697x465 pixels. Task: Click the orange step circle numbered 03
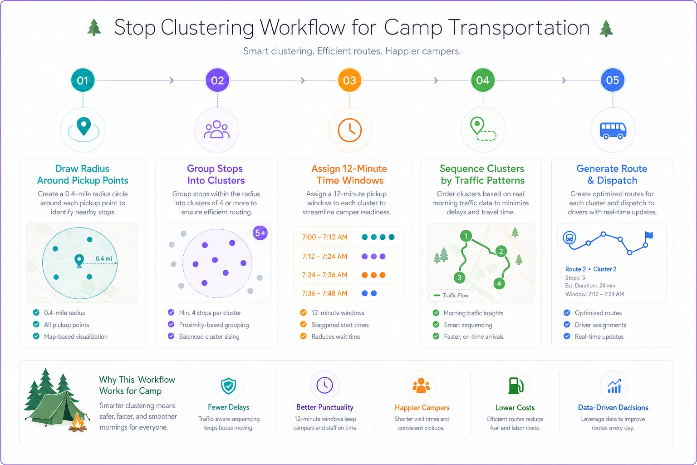(349, 80)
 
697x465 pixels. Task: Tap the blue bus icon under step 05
(613, 131)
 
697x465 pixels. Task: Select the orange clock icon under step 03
(350, 130)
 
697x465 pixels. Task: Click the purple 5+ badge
(260, 233)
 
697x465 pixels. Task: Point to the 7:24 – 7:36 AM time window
(324, 275)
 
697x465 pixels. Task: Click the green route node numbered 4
(499, 284)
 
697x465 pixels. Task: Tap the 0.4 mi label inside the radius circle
(103, 258)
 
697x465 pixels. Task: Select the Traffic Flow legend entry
(451, 295)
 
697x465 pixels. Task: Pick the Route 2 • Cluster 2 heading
(590, 269)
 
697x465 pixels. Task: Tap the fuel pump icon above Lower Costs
(515, 386)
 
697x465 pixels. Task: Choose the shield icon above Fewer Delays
(228, 386)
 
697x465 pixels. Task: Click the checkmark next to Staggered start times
(304, 325)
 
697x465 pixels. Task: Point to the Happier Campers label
(422, 408)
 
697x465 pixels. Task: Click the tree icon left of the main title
(94, 27)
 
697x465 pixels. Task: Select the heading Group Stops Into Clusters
(216, 174)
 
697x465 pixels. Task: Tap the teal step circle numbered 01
(83, 80)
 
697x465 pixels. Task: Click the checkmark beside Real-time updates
(567, 336)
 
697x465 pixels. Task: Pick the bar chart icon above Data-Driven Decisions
(614, 386)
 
